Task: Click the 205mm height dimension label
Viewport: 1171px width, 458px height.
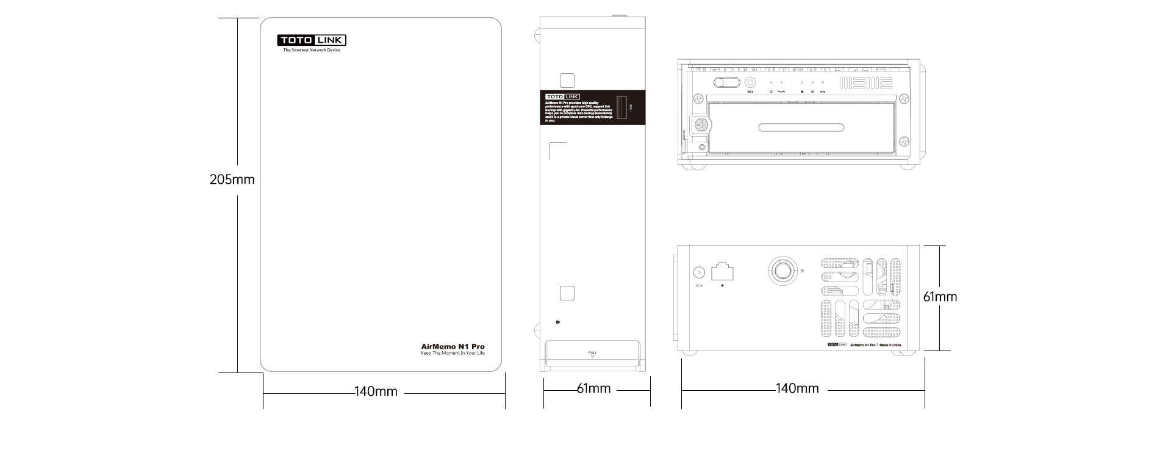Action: pos(232,180)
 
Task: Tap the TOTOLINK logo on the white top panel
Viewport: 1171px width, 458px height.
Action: pos(312,41)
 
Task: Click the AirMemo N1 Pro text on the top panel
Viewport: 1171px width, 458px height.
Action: pos(453,347)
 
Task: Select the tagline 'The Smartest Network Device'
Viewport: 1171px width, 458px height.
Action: pos(312,50)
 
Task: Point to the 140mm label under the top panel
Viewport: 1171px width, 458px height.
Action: pos(376,391)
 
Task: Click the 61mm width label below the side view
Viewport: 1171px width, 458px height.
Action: pos(593,388)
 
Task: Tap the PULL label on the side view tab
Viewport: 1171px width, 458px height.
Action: pos(592,353)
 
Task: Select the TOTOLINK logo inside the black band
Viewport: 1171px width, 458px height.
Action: pos(562,96)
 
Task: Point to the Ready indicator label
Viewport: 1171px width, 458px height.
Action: pos(781,92)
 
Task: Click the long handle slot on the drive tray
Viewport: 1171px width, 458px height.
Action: pos(801,128)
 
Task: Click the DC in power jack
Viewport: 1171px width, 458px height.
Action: pos(699,273)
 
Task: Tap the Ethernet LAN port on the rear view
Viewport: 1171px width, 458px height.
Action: pos(723,272)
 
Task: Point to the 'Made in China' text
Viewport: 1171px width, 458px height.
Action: pos(890,345)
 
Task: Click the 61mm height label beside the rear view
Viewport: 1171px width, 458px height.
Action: pos(940,297)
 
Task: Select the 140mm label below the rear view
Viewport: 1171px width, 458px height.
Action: pos(797,388)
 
